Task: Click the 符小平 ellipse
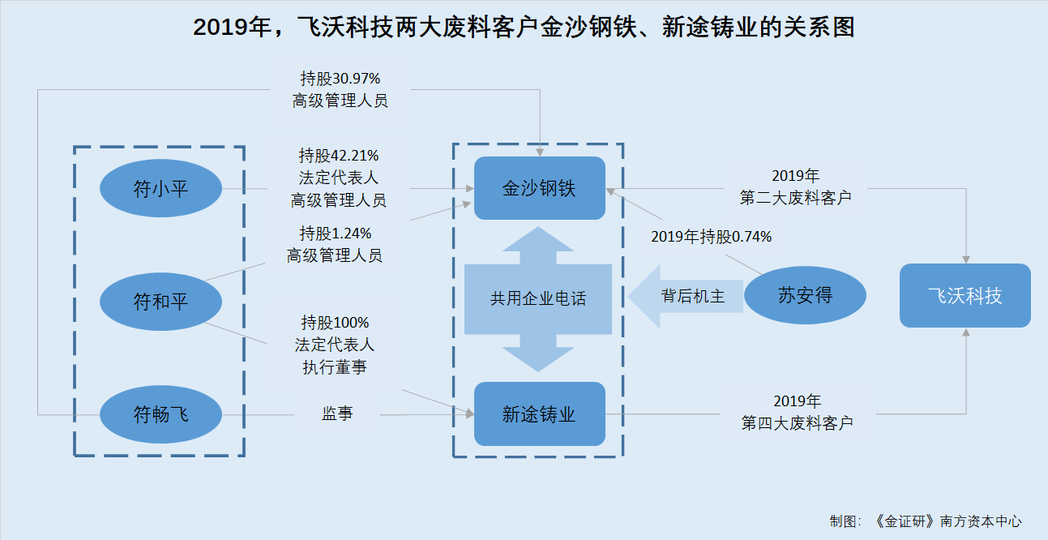pyautogui.click(x=160, y=188)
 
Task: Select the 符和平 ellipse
pyautogui.click(x=160, y=302)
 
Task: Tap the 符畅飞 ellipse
pyautogui.click(x=160, y=414)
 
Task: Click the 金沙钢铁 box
pyautogui.click(x=540, y=188)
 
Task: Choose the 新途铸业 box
pyautogui.click(x=540, y=414)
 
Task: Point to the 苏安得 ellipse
pyautogui.click(x=805, y=295)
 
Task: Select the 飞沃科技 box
pyautogui.click(x=965, y=295)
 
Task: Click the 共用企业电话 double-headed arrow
pyautogui.click(x=538, y=299)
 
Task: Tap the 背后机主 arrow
pyautogui.click(x=686, y=296)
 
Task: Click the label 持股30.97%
pyautogui.click(x=340, y=78)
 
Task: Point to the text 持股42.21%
pyautogui.click(x=339, y=155)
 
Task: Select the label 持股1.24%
pyautogui.click(x=336, y=233)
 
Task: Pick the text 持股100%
pyautogui.click(x=335, y=323)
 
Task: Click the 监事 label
pyautogui.click(x=337, y=414)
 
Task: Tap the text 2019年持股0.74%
pyautogui.click(x=711, y=236)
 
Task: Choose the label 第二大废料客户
pyautogui.click(x=795, y=198)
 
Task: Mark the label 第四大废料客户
pyautogui.click(x=798, y=423)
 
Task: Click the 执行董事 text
pyautogui.click(x=335, y=367)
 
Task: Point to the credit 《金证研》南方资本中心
pyautogui.click(x=947, y=521)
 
